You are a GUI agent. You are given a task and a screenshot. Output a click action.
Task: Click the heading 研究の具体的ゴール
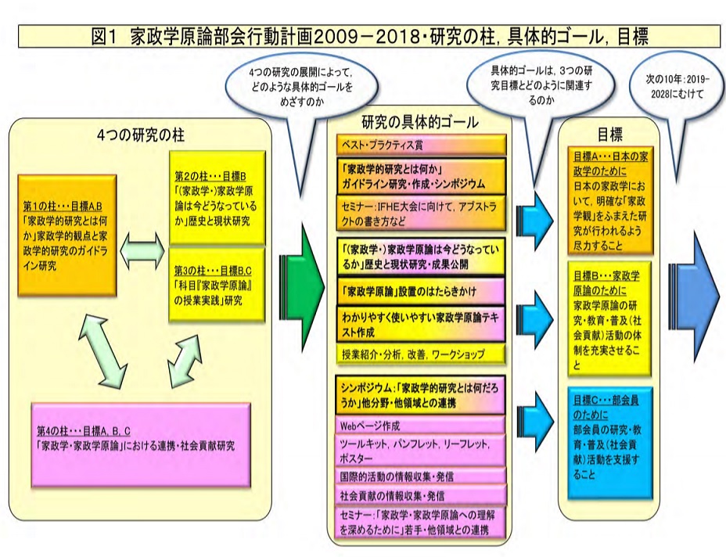tap(421, 123)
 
